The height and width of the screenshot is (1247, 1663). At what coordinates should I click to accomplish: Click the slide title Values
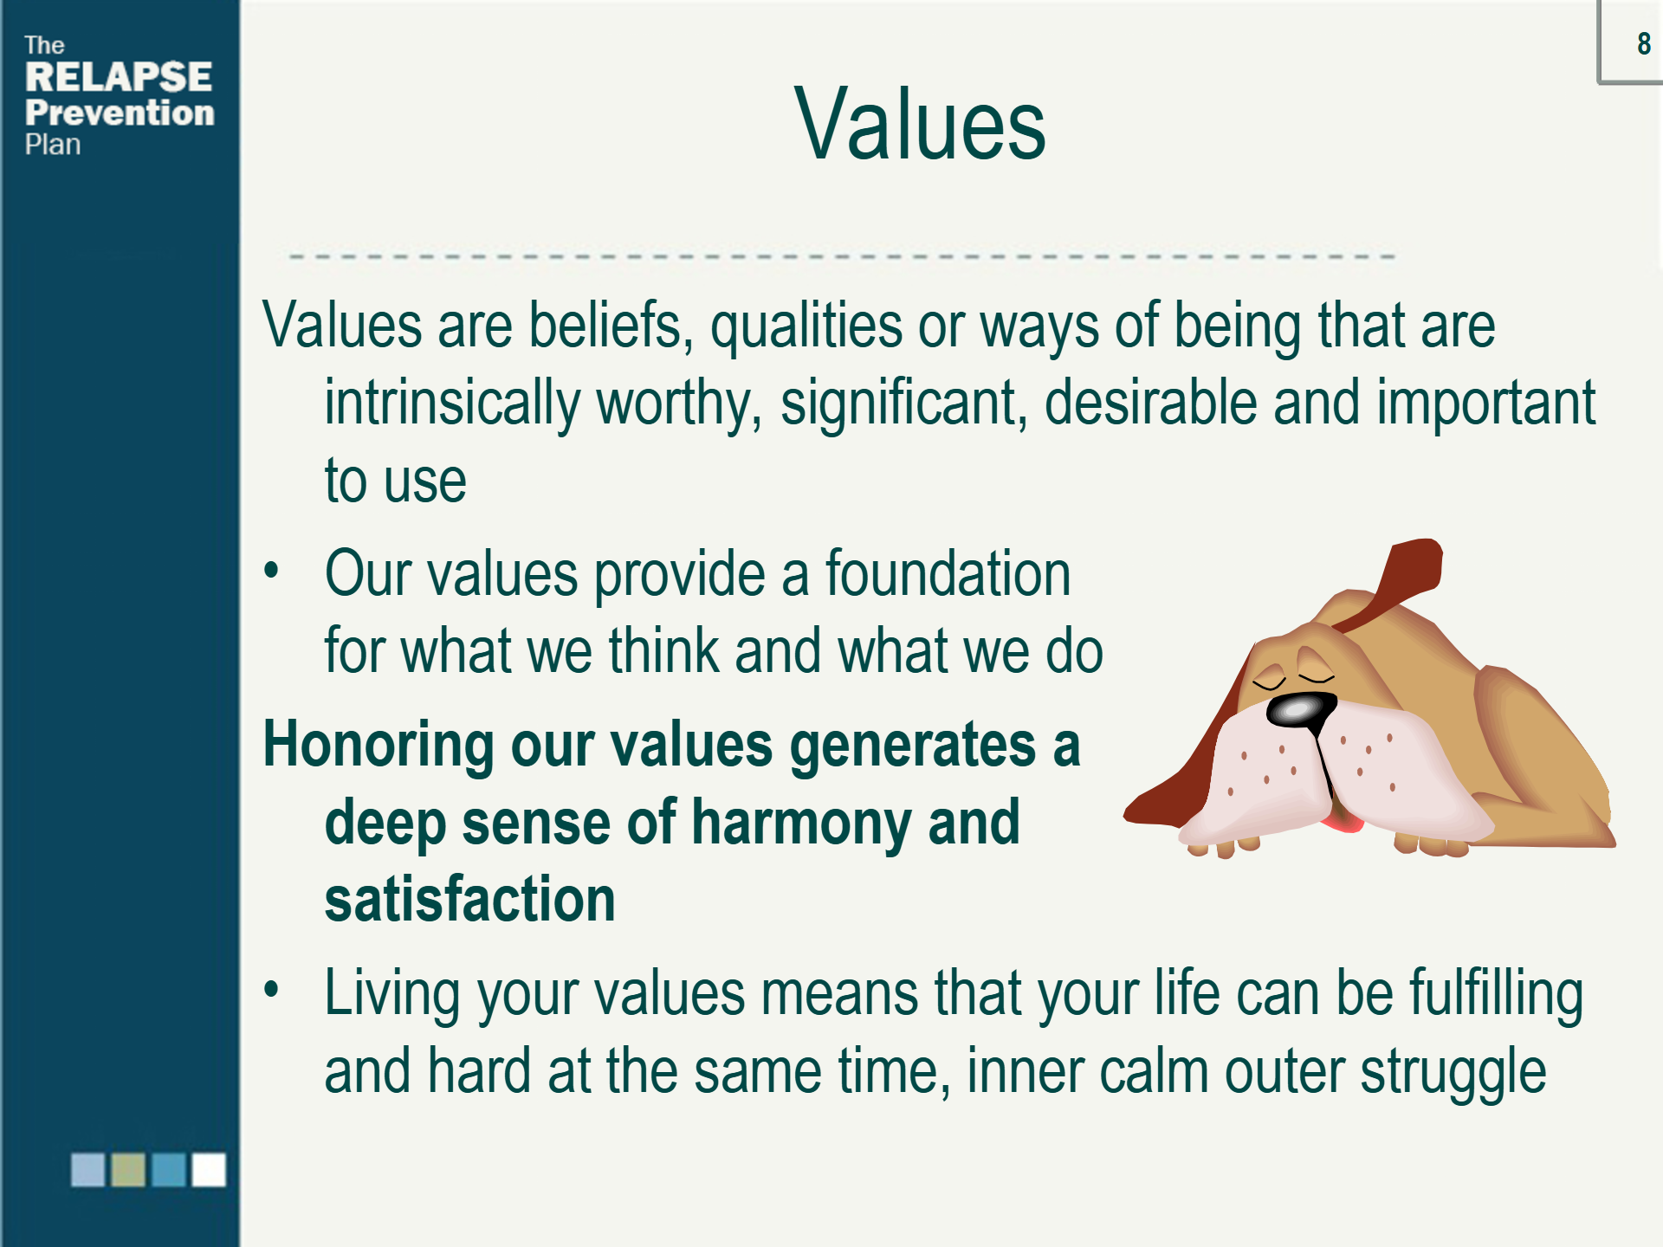[x=920, y=124]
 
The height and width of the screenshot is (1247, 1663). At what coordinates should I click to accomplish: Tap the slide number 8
[x=1644, y=43]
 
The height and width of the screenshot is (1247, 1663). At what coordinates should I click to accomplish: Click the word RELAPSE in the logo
[x=119, y=77]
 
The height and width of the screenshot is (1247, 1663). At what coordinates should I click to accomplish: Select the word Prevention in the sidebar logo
[x=120, y=113]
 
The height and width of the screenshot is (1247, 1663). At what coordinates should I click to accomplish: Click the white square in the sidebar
[x=209, y=1169]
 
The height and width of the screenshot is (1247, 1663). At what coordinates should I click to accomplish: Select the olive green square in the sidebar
[x=128, y=1169]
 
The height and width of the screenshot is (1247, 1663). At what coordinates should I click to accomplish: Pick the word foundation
[x=948, y=573]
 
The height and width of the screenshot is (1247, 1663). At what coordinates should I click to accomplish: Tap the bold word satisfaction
[x=469, y=899]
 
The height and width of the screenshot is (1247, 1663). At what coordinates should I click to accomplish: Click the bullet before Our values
[x=272, y=571]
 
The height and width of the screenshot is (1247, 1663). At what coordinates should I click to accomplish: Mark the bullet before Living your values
[x=272, y=989]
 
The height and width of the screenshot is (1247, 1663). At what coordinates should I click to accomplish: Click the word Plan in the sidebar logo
[x=53, y=145]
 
